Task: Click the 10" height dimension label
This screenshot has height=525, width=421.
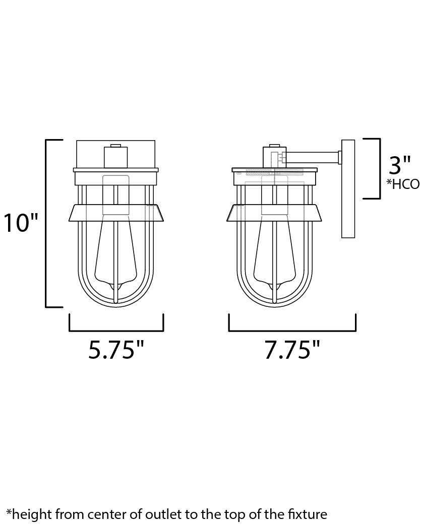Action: coord(21,223)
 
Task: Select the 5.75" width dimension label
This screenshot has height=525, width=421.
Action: coord(116,350)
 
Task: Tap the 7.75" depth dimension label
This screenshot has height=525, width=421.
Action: coord(292,350)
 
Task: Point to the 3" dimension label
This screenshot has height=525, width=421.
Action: coord(400,166)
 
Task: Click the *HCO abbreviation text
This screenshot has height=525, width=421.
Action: coord(403,184)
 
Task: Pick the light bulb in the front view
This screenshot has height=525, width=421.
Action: coord(116,252)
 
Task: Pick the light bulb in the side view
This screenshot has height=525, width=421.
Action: coord(275,252)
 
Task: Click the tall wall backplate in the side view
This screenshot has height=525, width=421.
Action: coord(348,189)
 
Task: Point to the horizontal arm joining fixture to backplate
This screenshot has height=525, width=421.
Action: coord(313,158)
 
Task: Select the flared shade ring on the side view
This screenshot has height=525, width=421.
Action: coord(275,213)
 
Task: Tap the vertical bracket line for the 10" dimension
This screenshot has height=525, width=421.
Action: coord(46,223)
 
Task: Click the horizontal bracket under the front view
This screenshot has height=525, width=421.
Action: coord(116,331)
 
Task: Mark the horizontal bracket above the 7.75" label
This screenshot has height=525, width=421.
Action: coord(292,331)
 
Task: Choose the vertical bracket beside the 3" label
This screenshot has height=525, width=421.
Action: coord(379,169)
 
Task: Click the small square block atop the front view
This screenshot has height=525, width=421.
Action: coord(115,156)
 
